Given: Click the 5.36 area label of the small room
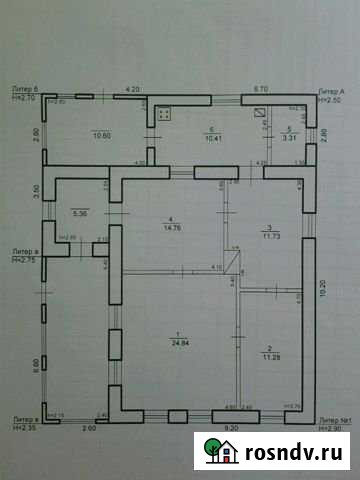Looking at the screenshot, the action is click(x=80, y=213).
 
